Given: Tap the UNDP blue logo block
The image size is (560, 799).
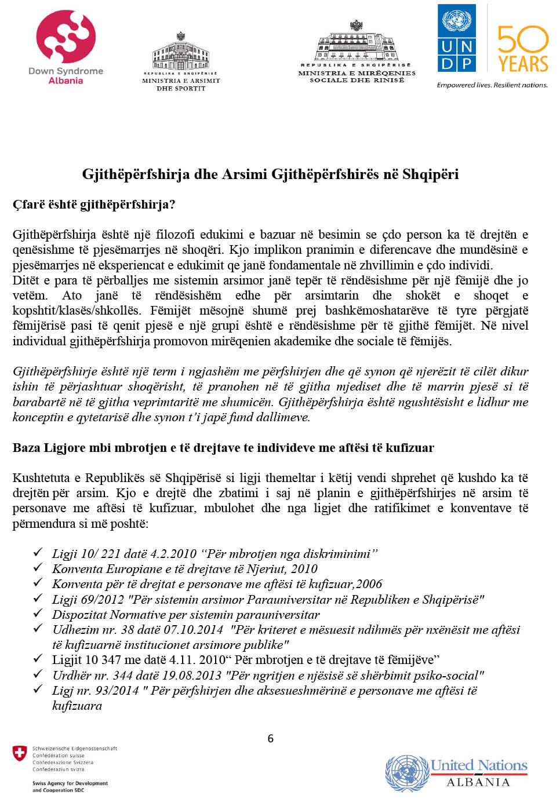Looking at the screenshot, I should click(457, 38).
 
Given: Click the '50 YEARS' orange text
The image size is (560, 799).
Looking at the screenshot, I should click(523, 49).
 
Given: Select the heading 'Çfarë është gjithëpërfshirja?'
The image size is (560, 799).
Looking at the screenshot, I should click(94, 205).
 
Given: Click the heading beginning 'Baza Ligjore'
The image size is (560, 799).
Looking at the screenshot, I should click(223, 448).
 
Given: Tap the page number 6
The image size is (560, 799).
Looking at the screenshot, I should click(270, 739).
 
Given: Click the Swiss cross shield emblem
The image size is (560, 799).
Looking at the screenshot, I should click(20, 753).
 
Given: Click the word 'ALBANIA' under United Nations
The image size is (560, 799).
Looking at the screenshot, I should click(478, 782).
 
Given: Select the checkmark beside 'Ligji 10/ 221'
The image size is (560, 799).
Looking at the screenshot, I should click(38, 552).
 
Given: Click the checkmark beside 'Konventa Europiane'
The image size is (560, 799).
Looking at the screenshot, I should click(38, 567).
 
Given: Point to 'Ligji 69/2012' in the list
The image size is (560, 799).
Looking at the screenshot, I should click(88, 600).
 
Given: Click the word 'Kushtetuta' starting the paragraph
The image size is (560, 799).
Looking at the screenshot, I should click(41, 478).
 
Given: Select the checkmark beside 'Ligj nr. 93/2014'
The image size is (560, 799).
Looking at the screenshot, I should click(38, 689).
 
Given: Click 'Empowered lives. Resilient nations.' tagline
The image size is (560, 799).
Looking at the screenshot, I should click(492, 85).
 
